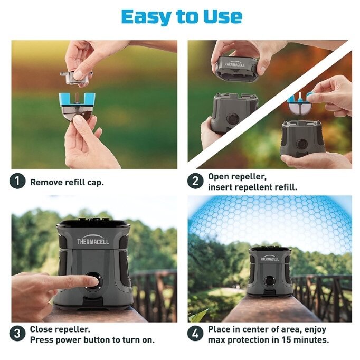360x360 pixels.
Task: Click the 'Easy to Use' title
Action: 182,17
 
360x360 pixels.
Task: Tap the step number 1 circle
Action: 17,181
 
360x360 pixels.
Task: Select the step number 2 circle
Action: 195,181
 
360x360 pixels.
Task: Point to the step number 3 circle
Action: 17,334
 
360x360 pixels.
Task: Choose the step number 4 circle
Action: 195,334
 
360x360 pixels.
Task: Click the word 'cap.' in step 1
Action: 96,183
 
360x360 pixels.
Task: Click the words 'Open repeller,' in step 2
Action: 237,177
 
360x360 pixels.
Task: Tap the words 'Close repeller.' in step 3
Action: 60,329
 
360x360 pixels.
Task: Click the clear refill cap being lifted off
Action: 76,78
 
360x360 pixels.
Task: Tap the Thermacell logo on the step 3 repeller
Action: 93,240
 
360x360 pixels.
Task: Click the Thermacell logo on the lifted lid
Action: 235,64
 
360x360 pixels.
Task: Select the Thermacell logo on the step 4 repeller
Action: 270,258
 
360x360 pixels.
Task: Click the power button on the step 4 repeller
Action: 268,281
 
